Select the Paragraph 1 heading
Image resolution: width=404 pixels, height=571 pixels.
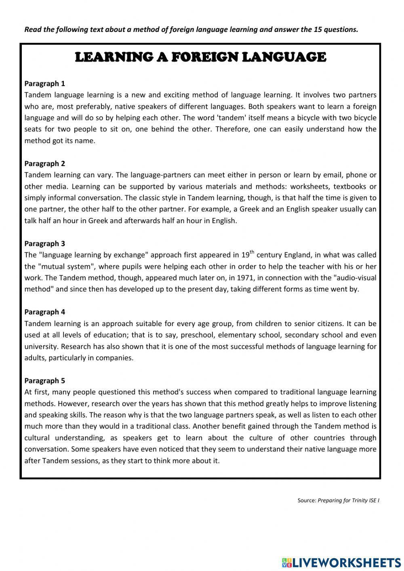(44, 84)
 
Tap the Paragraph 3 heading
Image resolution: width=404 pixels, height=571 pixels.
(44, 244)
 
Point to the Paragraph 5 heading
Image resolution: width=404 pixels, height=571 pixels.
(44, 381)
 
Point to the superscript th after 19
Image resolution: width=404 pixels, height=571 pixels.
(252, 252)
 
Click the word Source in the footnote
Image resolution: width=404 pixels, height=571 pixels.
(306, 501)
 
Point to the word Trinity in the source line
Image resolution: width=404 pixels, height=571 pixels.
(357, 501)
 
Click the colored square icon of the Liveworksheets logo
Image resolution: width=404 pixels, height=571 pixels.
(286, 562)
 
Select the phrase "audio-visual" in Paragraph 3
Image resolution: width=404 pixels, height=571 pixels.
(355, 278)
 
